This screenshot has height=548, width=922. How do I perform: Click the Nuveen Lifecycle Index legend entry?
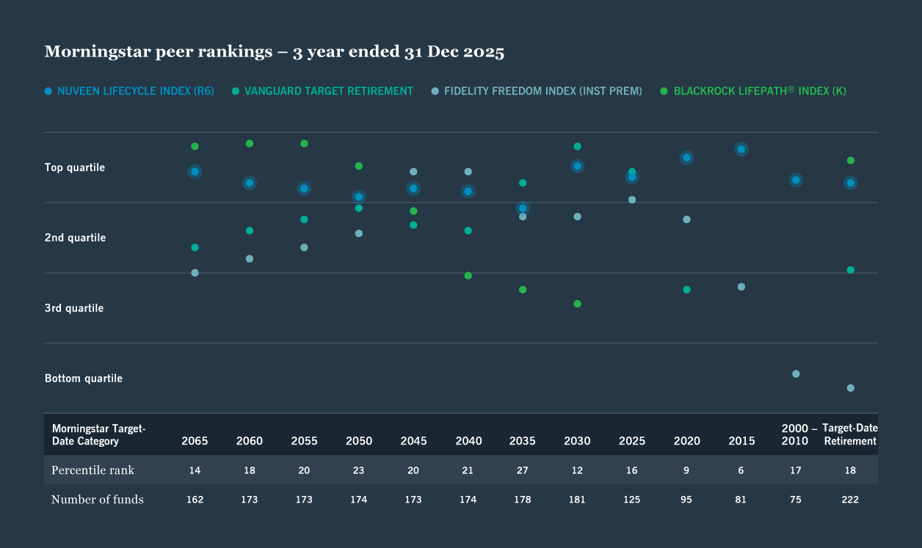[x=129, y=91]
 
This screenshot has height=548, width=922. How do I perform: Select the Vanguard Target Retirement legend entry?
[x=322, y=91]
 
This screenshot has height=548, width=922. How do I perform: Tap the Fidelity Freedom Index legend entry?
[x=536, y=91]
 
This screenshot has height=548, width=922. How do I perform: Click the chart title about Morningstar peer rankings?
[x=274, y=52]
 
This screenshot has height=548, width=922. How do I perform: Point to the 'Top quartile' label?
[x=75, y=167]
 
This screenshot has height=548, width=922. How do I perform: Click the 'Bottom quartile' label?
[x=84, y=379]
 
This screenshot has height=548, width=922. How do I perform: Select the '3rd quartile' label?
[x=74, y=308]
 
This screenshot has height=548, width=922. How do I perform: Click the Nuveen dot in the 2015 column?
[x=741, y=150]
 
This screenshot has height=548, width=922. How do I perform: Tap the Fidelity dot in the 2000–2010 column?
[x=796, y=374]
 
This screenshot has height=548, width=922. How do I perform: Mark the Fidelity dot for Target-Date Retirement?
[x=850, y=388]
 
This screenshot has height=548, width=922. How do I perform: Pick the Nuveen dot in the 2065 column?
[x=195, y=172]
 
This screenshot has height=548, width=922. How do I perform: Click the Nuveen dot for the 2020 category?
[x=686, y=158]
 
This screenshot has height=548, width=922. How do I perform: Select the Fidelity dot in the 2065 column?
[x=195, y=273]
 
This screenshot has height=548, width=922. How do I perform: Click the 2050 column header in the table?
[x=359, y=441]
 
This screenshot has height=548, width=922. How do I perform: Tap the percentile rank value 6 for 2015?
[x=741, y=470]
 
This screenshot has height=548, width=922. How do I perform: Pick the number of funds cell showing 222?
[x=850, y=500]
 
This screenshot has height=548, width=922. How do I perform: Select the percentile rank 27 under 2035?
[x=523, y=470]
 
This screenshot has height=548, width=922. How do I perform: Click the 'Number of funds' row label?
[x=98, y=500]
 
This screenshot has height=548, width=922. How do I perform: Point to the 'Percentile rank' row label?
[x=92, y=470]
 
